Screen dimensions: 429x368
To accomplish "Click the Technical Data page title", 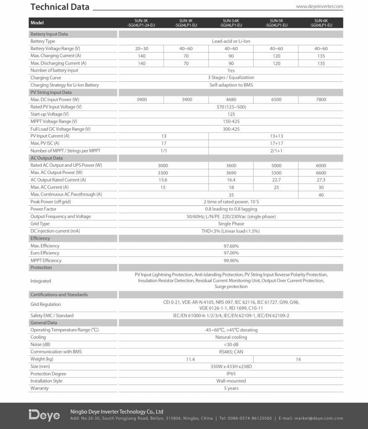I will tap(60, 7).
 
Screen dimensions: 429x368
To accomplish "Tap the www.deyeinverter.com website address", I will tap(319, 7).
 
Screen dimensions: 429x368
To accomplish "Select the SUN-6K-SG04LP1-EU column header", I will tap(321, 23).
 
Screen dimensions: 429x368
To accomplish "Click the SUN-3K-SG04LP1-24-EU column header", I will tap(141, 23).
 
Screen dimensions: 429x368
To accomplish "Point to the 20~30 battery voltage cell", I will tap(141, 49).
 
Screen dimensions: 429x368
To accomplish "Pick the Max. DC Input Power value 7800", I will tap(321, 100).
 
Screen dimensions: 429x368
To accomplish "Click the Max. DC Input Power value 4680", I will tap(231, 100).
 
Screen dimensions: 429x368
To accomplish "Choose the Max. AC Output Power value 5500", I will tap(276, 173).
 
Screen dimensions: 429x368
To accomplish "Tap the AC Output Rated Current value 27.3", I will tap(321, 180).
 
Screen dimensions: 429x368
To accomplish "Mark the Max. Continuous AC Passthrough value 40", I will tap(321, 194).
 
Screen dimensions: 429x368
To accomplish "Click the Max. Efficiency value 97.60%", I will tap(231, 246).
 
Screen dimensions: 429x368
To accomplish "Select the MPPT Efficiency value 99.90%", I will tap(231, 260).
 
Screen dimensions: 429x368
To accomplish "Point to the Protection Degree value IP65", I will tap(231, 374).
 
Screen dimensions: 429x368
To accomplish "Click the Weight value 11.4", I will tap(186, 359).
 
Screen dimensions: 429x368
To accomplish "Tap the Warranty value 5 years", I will tap(231, 388).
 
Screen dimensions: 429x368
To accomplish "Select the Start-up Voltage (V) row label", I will tap(49, 114).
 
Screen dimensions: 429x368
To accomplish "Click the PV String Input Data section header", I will tap(51, 92).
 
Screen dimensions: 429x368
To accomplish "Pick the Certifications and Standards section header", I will tap(59, 295).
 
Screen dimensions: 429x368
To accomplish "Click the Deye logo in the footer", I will tap(44, 415).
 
